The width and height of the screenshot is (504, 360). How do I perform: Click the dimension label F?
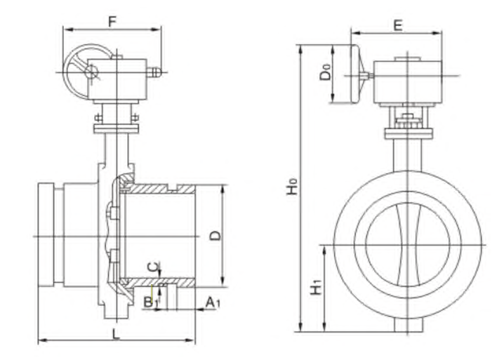coord(112,21)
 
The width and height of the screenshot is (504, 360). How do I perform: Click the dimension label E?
coord(397,25)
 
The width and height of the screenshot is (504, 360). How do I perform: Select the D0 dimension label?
coord(324,73)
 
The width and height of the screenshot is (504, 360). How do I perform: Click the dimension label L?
coord(116,333)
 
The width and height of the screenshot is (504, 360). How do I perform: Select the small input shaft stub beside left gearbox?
coord(154,71)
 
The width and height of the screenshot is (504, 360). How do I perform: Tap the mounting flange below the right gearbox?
coord(406,133)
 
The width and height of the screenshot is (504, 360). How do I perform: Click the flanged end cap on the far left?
coord(46,234)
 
